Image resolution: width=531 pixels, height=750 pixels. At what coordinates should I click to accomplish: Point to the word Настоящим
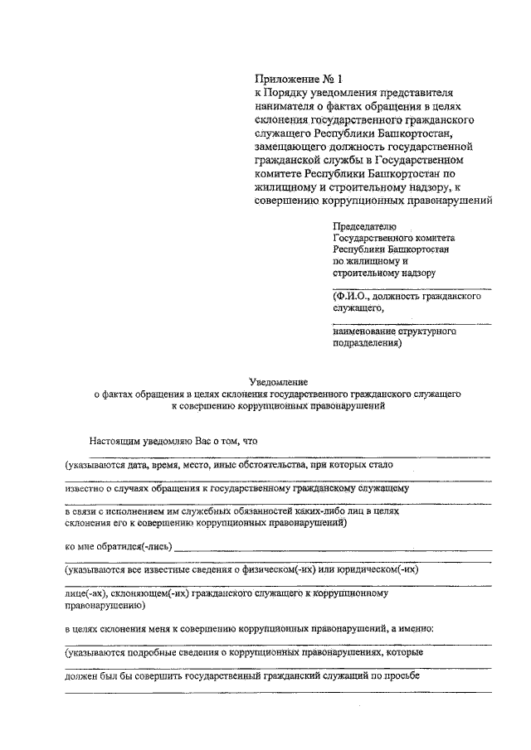pyautogui.click(x=117, y=442)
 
